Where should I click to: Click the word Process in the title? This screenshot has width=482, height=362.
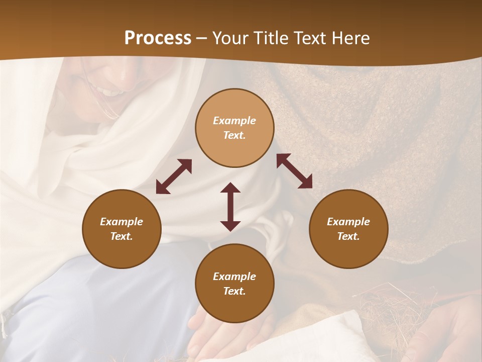click(158, 38)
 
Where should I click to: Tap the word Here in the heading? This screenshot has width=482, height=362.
click(350, 38)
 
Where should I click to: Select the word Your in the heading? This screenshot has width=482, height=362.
click(229, 38)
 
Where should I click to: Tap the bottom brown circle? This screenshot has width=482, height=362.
click(234, 307)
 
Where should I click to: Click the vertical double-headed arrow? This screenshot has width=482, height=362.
click(230, 207)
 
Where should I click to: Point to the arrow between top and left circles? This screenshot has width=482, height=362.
click(174, 176)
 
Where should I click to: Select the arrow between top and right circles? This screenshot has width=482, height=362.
click(294, 171)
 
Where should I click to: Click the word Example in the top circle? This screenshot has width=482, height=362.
click(234, 121)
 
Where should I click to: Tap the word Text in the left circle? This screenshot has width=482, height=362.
click(122, 236)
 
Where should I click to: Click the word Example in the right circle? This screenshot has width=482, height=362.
click(348, 222)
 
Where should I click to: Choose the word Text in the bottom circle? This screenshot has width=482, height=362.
click(234, 291)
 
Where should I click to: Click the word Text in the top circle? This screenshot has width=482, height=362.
click(234, 135)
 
